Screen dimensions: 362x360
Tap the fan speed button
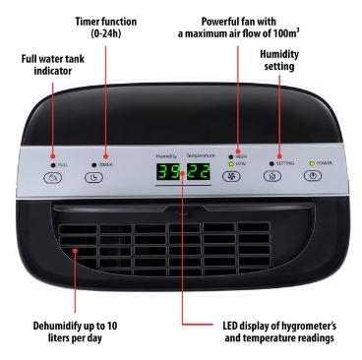point(231,177)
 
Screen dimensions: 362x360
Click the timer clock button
point(93,177)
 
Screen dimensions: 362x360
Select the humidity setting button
point(272,176)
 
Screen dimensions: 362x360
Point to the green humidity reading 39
point(168,172)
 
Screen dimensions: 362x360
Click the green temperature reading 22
point(199,171)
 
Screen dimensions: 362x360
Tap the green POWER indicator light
point(312,163)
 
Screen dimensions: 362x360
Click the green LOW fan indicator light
point(231,164)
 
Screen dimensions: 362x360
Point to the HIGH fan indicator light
point(231,157)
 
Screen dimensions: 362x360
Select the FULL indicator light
point(53,165)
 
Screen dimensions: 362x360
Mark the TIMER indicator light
point(94,165)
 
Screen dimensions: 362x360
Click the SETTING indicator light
point(271,163)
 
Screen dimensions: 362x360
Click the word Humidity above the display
point(166,156)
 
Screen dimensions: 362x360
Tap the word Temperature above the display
point(201,155)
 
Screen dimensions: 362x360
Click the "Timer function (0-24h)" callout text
point(106,28)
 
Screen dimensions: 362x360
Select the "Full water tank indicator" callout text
point(53,65)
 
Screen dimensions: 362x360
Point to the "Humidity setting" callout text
point(279,60)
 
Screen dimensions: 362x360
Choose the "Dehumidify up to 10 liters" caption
point(75,331)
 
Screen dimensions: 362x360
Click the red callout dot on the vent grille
point(75,251)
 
